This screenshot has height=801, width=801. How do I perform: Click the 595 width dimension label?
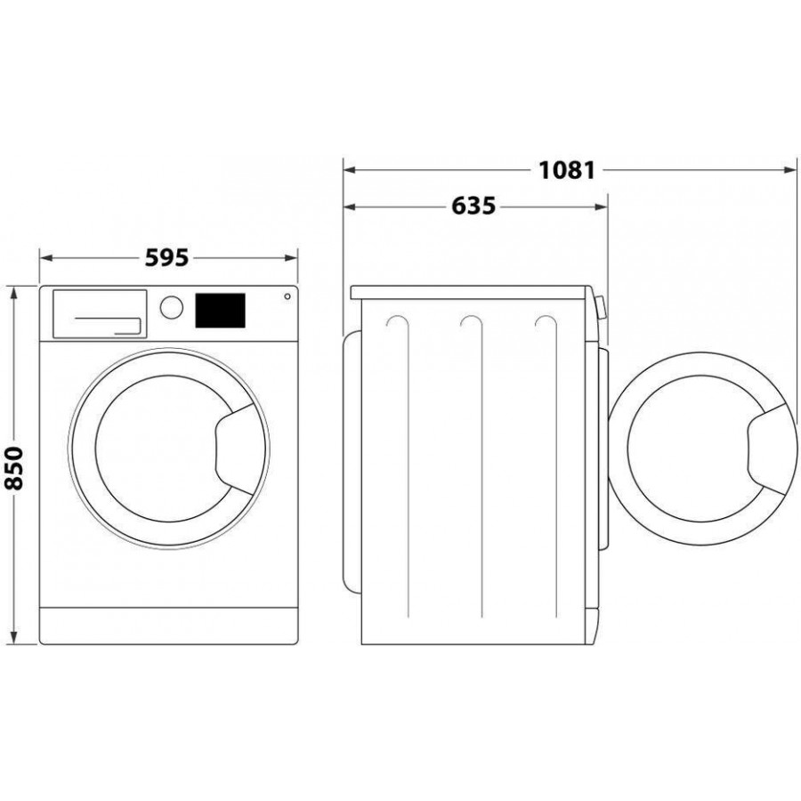pyautogui.click(x=167, y=257)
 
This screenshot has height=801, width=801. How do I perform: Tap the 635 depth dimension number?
pyautogui.click(x=473, y=206)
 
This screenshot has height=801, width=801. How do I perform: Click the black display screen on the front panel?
pyautogui.click(x=219, y=311)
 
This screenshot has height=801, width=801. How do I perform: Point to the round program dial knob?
pyautogui.click(x=171, y=307)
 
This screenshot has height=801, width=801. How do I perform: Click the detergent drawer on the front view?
pyautogui.click(x=99, y=313)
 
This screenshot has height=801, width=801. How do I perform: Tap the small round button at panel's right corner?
pyautogui.click(x=287, y=297)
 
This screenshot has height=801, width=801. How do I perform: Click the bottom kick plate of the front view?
pyautogui.click(x=168, y=625)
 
